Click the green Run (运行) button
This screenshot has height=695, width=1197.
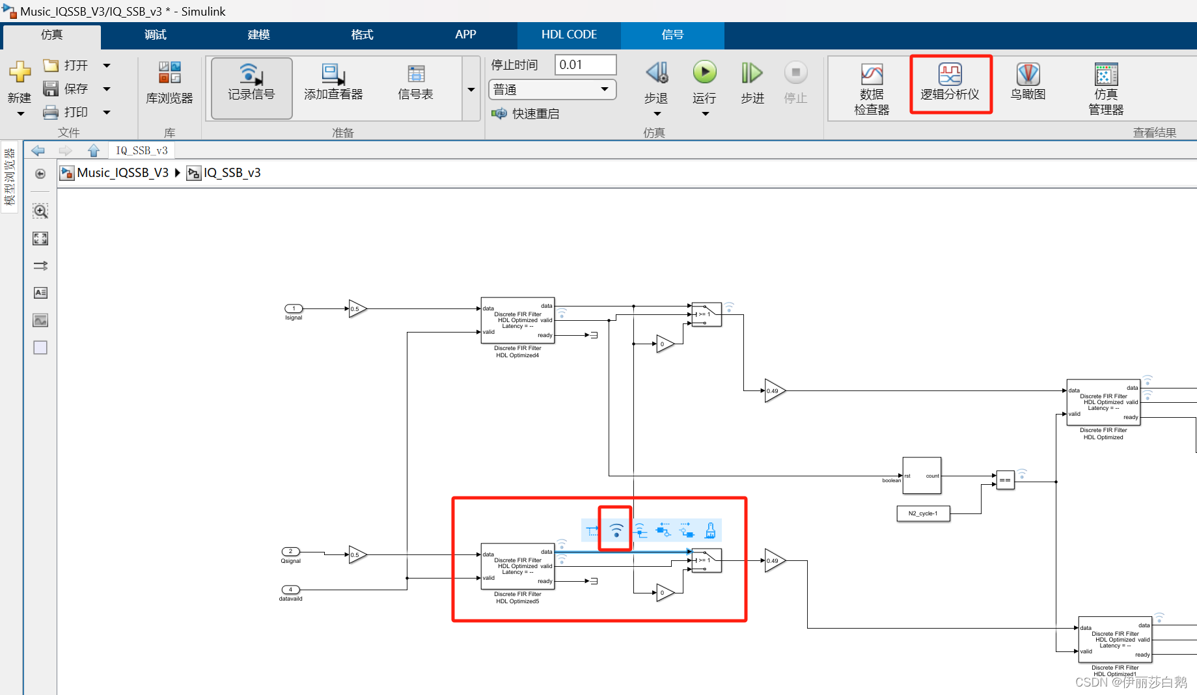[704, 72]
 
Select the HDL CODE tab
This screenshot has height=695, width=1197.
[569, 34]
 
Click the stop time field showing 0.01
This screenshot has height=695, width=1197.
[585, 64]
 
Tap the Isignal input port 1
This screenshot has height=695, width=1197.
[294, 308]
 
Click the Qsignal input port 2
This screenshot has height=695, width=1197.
[290, 552]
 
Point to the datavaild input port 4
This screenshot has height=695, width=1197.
[290, 590]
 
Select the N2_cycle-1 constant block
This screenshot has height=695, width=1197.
[923, 513]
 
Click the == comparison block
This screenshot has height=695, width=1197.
[1005, 480]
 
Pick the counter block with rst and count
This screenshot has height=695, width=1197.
[922, 476]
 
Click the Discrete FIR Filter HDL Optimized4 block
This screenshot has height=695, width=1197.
[517, 320]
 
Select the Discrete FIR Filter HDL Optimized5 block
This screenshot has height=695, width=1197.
[517, 566]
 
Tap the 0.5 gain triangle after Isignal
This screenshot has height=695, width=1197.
[357, 308]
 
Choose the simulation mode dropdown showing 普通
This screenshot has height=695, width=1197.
[552, 89]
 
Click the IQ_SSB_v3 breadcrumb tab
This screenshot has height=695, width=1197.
[141, 150]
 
